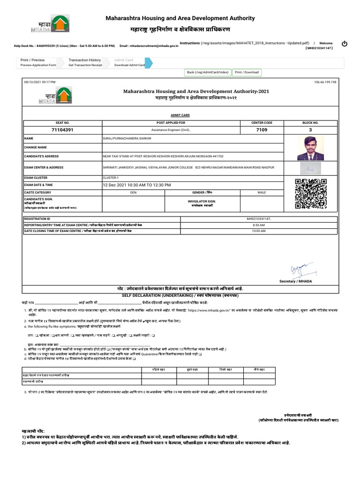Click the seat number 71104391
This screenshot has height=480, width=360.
pos(62,130)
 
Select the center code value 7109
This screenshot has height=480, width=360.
pos(262,130)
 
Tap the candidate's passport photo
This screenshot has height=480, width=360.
pos(308,148)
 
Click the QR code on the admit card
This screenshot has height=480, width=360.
pos(305,193)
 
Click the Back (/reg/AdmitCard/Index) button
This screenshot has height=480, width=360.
pos(208,72)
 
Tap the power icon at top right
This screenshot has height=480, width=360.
pos(345,44)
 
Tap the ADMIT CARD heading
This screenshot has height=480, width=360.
pos(180,115)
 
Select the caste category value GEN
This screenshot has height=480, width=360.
pos(133,193)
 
